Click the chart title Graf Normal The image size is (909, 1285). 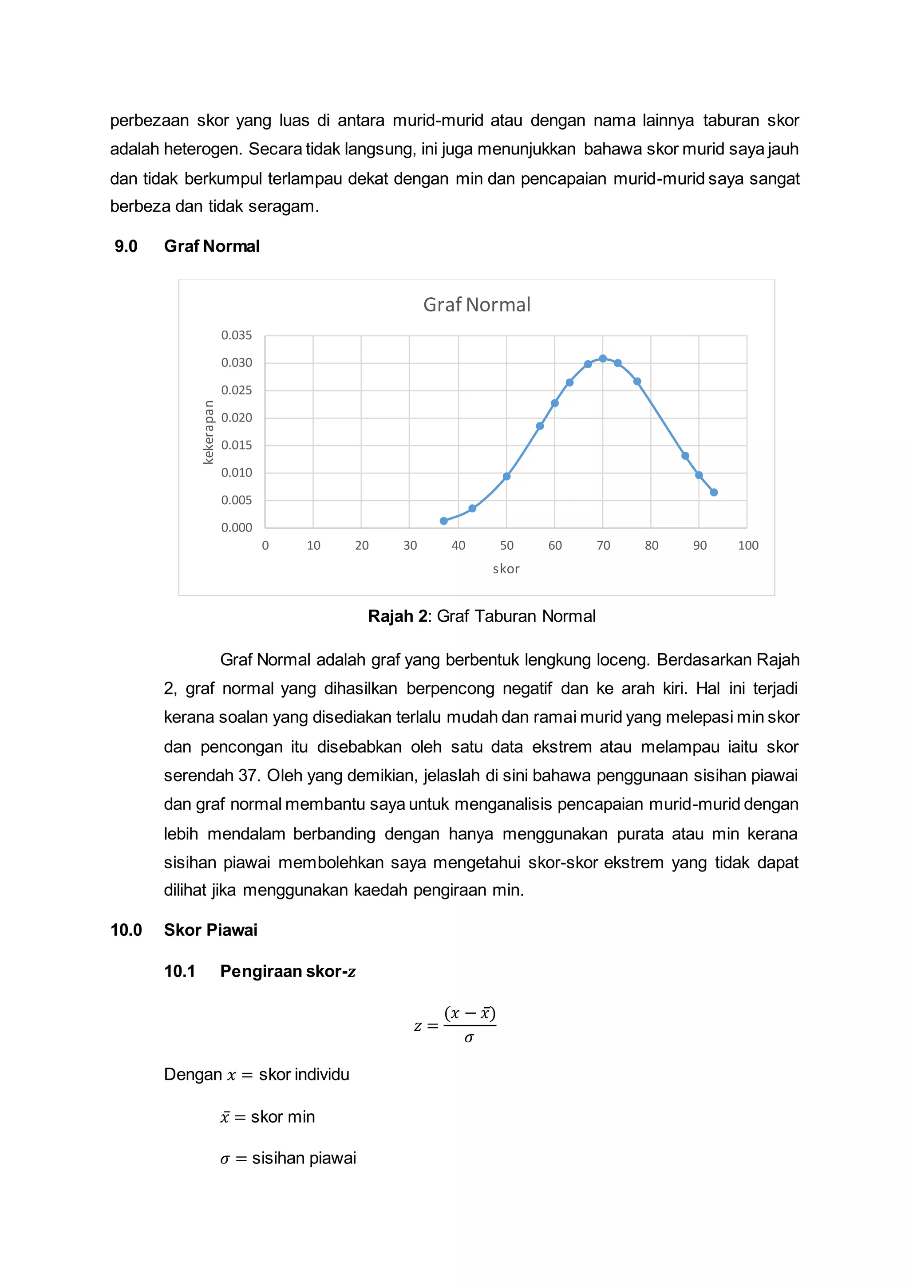click(476, 304)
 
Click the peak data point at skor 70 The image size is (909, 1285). click(603, 359)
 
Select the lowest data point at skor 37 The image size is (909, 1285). click(444, 521)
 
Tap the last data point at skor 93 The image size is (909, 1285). click(714, 493)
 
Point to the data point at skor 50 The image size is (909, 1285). click(506, 476)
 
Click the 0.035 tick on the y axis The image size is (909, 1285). click(236, 335)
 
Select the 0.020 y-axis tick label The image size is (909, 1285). click(236, 418)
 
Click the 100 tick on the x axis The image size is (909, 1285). click(748, 546)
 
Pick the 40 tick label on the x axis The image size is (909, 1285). click(458, 546)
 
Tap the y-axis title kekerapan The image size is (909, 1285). click(208, 432)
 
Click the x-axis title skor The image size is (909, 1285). click(506, 569)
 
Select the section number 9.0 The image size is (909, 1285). click(126, 246)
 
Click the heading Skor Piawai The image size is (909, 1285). click(210, 930)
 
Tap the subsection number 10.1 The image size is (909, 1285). click(180, 971)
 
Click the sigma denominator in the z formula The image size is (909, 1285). click(469, 1039)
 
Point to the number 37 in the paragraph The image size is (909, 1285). click(247, 776)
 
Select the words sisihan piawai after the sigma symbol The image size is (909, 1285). click(304, 1158)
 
